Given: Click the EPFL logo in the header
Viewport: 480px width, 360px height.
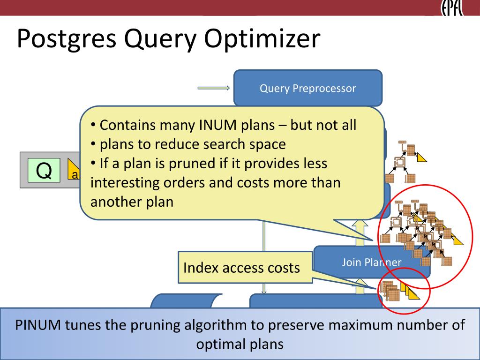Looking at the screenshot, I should tap(452, 8).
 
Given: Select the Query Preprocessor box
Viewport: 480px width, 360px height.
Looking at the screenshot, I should tap(307, 88).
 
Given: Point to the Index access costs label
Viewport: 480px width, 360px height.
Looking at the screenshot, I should tap(241, 268).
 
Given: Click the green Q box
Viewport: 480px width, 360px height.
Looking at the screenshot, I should tap(44, 170).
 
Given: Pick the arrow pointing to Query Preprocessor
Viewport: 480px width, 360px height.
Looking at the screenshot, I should tap(214, 88).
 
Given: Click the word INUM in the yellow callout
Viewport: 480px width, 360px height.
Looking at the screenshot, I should tap(216, 125).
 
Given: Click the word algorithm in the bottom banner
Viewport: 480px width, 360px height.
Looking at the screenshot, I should tap(212, 325).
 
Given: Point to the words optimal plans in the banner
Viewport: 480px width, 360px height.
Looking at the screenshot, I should tap(240, 344).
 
